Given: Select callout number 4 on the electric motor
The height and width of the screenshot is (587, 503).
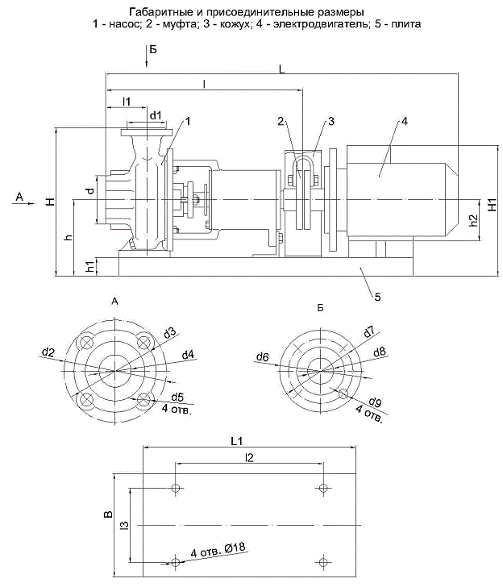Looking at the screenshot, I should coord(405,122).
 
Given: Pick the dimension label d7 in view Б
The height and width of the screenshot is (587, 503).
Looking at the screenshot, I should coord(368,331).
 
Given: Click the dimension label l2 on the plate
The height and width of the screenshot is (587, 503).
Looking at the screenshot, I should coord(249,457).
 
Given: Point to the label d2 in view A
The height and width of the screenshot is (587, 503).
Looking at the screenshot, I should coord(49,352).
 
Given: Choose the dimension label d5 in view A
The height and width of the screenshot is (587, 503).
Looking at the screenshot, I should coord(177,397).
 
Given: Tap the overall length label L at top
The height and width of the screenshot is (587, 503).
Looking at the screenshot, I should coord(281,71).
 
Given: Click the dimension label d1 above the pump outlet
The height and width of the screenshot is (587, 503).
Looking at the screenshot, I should coord(156,115).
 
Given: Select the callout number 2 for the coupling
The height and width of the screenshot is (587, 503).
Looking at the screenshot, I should coord(281,122).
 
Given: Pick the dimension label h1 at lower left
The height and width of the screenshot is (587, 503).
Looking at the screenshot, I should coord(89,267).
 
